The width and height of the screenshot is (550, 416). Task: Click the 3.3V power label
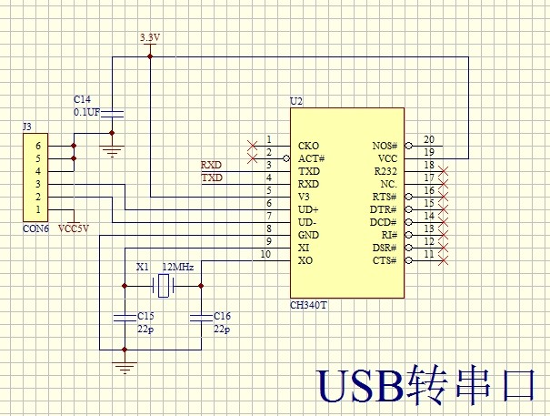pos(149,36)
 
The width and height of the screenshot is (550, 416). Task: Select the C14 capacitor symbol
pos(111,113)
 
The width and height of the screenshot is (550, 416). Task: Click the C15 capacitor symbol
pos(124,317)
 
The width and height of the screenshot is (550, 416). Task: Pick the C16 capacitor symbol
pos(200,317)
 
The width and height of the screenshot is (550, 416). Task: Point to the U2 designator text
pos(295,100)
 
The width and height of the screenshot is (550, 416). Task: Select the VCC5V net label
pos(74,228)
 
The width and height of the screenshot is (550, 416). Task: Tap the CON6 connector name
pos(36,229)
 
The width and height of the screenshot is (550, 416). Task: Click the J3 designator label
pos(27,126)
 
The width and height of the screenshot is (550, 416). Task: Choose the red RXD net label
pos(211,165)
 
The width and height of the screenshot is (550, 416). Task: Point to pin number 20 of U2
pos(429,138)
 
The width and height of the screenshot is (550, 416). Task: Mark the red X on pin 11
pos(444,261)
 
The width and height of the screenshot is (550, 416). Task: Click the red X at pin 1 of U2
pos(252,145)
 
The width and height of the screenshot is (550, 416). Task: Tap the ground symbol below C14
pos(111,151)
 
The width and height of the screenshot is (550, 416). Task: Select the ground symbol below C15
pos(124,366)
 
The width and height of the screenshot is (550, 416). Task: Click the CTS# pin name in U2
pos(385,261)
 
